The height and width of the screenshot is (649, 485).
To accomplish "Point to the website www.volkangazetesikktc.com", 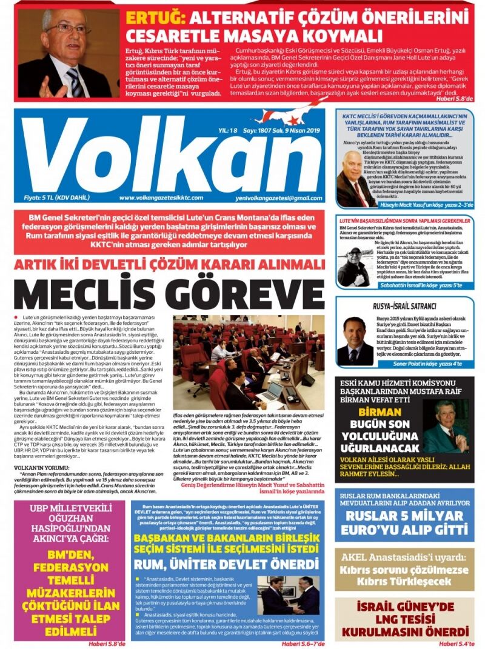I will point(161,198).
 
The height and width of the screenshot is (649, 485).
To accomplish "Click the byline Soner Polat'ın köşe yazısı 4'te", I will point(433,364).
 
